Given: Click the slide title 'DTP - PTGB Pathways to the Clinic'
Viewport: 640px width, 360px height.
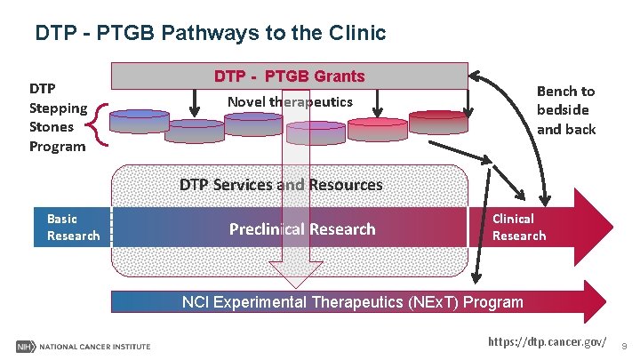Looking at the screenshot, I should click(210, 34).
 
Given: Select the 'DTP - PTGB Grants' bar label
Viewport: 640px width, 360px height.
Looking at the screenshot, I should click(289, 76).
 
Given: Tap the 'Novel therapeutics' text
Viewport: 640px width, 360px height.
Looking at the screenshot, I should click(290, 101).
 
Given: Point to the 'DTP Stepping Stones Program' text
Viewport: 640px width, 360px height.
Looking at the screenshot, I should click(57, 117).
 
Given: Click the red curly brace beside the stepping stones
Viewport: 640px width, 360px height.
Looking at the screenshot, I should click(100, 125).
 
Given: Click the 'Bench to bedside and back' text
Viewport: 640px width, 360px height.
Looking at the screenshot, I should click(565, 110).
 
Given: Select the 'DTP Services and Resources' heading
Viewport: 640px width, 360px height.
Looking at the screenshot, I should click(281, 185).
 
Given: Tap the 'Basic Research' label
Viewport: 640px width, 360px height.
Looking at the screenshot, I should click(74, 228).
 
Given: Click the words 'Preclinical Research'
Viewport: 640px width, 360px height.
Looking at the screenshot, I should click(302, 229).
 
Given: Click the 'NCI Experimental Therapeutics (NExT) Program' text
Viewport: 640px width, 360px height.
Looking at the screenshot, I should click(352, 302).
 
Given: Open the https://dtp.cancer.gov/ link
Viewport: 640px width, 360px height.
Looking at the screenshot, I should click(548, 342).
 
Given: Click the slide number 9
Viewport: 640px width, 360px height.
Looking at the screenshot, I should click(624, 344).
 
